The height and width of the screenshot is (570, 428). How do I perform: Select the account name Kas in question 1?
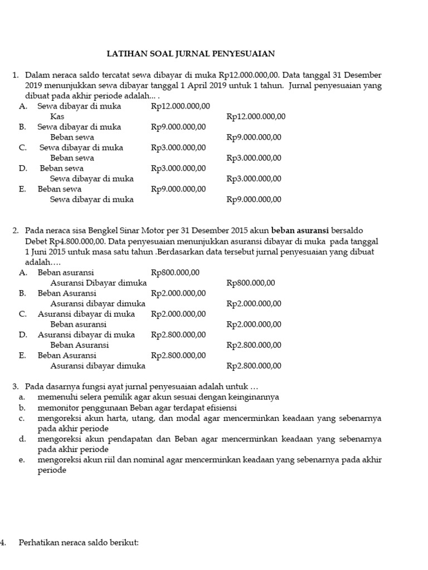click(x=57, y=116)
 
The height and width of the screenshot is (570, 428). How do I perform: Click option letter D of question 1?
click(x=22, y=168)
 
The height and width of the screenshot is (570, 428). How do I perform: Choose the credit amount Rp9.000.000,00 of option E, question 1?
click(x=254, y=199)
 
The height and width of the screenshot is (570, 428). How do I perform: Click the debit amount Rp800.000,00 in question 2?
click(x=175, y=272)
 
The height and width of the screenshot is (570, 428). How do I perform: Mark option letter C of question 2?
click(x=22, y=314)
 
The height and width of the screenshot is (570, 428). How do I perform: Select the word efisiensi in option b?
click(x=220, y=407)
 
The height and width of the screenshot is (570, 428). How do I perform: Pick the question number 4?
click(x=3, y=542)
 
